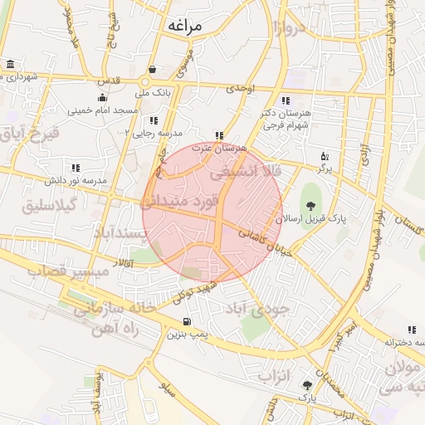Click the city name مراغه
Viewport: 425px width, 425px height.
[x=184, y=25]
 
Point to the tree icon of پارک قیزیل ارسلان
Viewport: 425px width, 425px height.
[x=310, y=206]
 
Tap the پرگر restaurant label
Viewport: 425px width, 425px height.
[x=324, y=168]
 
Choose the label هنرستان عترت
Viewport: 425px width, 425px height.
[x=219, y=148]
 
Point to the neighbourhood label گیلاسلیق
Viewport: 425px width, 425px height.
[x=52, y=204]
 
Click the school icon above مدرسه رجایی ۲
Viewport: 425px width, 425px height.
[x=153, y=121]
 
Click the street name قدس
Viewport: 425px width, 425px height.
[x=110, y=81]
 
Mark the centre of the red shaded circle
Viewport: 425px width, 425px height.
[x=212, y=212]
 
